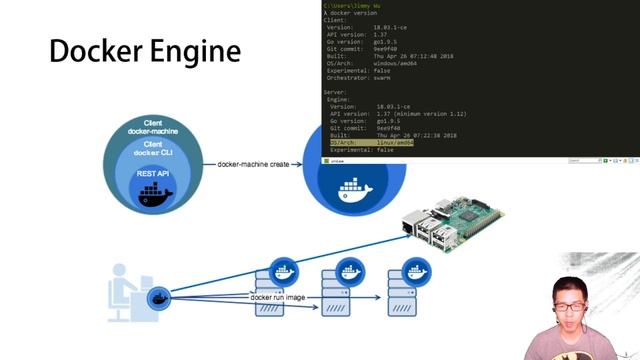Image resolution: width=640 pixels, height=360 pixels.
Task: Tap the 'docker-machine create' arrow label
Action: (x=253, y=163)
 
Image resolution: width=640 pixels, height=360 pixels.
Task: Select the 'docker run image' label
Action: (x=278, y=297)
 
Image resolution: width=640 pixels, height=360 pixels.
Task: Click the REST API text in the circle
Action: (x=154, y=174)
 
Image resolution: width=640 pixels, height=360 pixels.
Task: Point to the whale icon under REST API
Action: (x=155, y=193)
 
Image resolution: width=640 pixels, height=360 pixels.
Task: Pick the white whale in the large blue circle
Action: (x=355, y=188)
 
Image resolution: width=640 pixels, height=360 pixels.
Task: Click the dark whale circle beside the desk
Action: (x=158, y=298)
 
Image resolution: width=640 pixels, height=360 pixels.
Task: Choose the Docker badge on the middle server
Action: (x=350, y=270)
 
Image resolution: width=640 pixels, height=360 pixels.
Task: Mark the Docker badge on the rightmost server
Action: (x=416, y=270)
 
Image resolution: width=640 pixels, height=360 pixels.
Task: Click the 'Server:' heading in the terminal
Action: (x=334, y=92)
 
